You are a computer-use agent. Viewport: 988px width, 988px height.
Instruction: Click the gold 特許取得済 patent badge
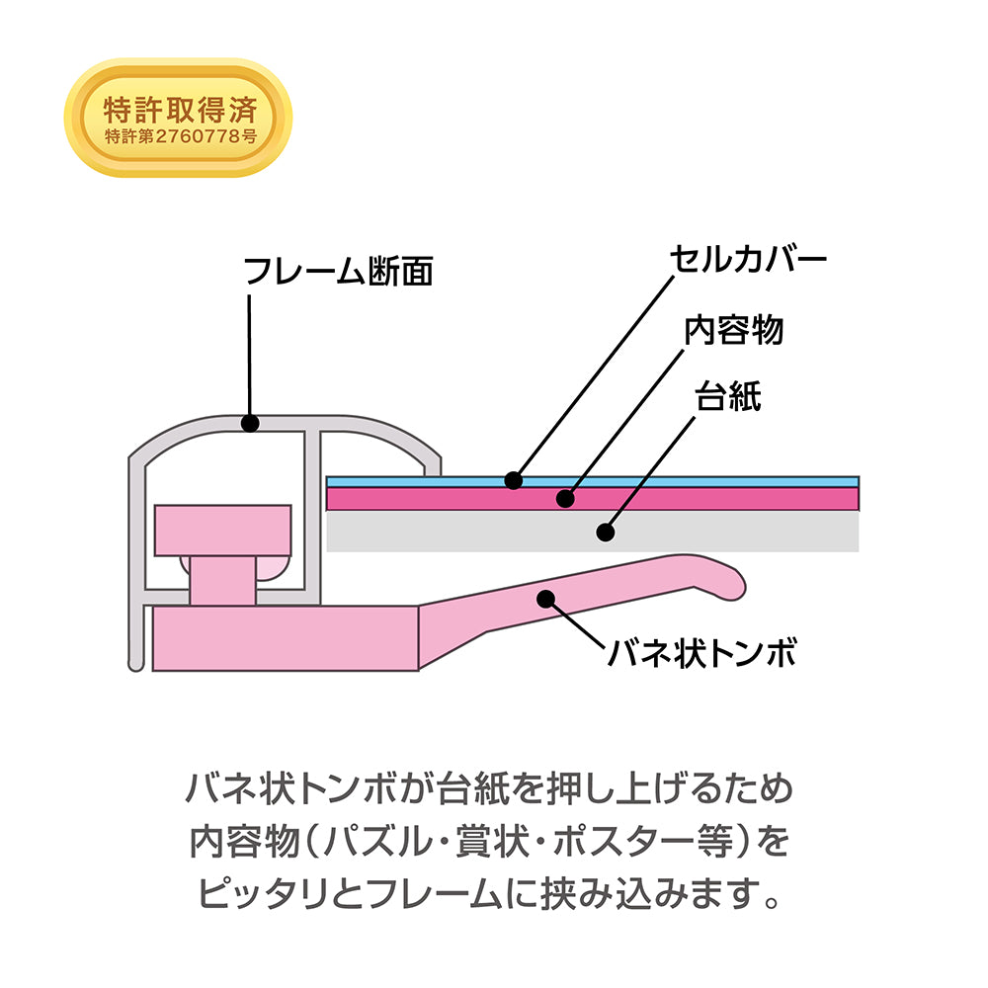pos(178,118)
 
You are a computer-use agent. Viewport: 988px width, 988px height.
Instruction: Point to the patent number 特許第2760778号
pos(181,136)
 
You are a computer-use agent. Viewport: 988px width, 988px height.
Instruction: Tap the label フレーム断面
pos(338,272)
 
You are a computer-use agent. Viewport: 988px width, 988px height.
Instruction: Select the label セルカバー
pos(748,259)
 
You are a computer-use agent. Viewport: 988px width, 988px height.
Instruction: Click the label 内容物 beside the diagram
pos(734,330)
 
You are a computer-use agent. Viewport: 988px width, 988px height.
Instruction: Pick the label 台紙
pos(728,396)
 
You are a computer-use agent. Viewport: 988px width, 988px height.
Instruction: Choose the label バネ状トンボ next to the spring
pos(701,652)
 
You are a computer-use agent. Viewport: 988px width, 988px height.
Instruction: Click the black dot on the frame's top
pos(250,423)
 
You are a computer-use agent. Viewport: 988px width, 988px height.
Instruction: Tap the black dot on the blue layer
pos(514,481)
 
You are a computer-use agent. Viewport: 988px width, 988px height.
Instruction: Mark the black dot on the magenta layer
pos(566,498)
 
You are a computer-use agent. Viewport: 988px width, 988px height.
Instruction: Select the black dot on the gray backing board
pos(606,533)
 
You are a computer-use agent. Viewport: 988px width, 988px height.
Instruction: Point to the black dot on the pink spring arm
pos(546,599)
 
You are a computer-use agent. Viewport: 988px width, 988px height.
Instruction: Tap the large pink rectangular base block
pos(286,638)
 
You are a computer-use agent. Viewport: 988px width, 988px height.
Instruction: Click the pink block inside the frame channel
pos(223,531)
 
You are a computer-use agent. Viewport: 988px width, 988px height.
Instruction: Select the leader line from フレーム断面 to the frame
pos(250,355)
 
